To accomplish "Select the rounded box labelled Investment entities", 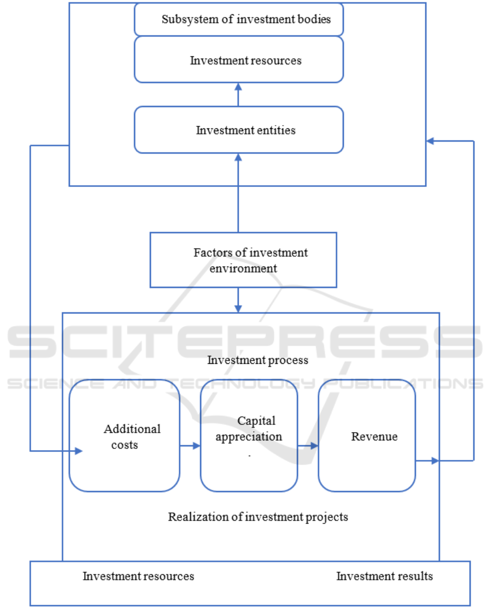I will [x=239, y=130].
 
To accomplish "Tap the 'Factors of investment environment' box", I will [x=243, y=260].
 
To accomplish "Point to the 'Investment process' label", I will [x=257, y=360].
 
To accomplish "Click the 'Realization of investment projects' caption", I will [x=257, y=516].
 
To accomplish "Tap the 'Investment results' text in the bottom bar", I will [x=384, y=576].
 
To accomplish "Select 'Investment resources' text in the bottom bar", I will [x=138, y=576].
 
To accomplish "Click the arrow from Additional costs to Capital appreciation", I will [x=190, y=446].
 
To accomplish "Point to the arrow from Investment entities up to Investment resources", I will [x=238, y=95].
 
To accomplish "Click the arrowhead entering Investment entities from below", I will [x=238, y=157].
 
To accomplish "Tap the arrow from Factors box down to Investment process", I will [x=238, y=300].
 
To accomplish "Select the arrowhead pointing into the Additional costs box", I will [x=79, y=451].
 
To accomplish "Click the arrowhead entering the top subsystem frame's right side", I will [x=430, y=141].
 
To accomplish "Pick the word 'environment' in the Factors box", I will [x=250, y=268].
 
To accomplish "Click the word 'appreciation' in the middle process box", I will [x=249, y=437].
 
